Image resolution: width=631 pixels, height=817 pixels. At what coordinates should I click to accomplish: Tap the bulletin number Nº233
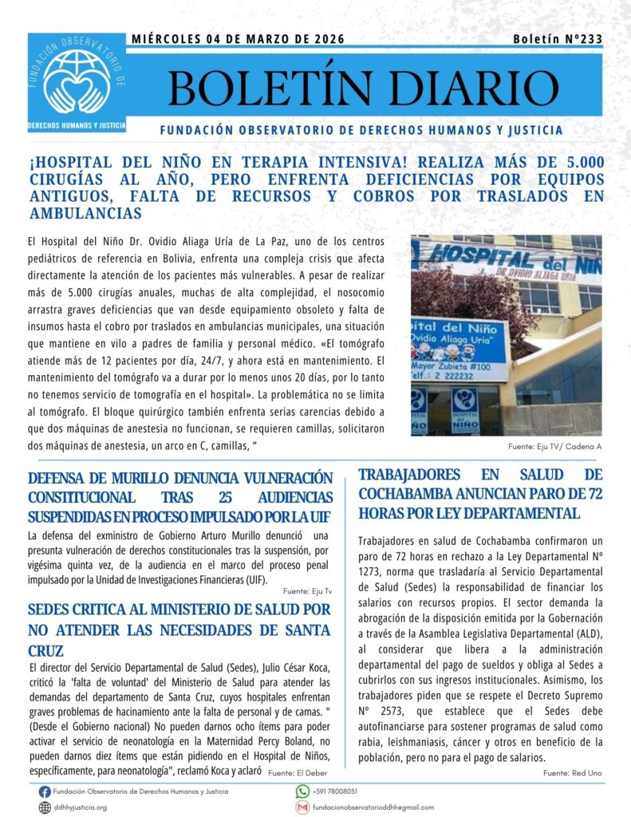[559, 39]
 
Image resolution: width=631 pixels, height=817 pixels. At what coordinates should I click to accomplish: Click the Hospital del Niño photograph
[506, 334]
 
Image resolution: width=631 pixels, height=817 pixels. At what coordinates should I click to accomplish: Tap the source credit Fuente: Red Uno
[572, 773]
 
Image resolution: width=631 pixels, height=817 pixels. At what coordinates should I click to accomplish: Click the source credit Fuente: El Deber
[297, 773]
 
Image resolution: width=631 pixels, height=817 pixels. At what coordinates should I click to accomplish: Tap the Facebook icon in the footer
[45, 791]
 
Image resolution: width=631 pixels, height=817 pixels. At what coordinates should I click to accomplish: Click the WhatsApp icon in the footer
[302, 791]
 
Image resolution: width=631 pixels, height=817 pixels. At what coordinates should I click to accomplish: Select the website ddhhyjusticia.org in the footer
[80, 807]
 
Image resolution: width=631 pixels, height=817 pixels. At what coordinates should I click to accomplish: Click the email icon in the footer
[302, 807]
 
